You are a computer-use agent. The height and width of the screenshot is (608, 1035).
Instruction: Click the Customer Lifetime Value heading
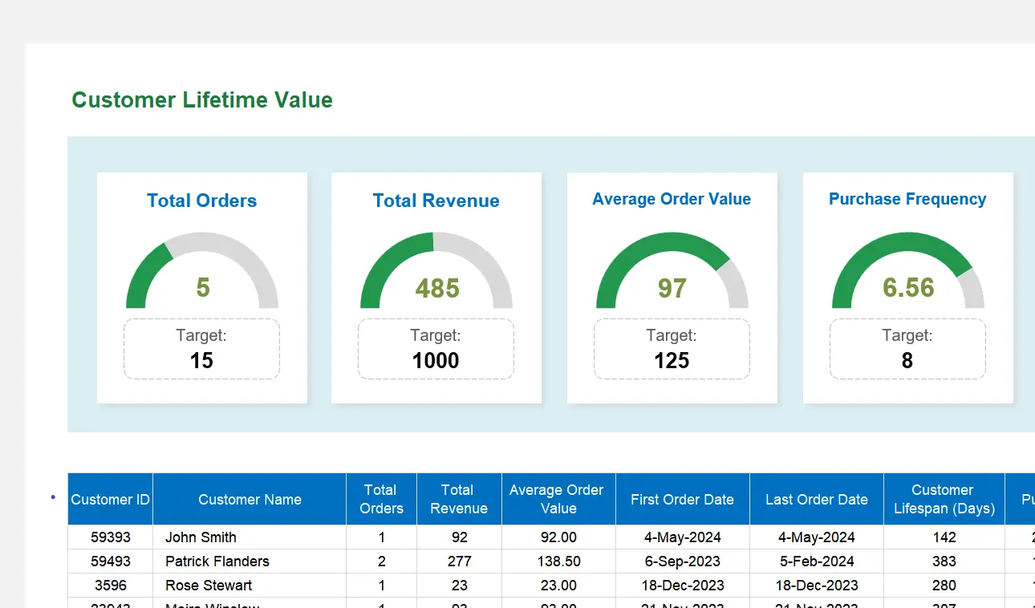[202, 100]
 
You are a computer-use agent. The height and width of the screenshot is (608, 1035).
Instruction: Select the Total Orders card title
[202, 201]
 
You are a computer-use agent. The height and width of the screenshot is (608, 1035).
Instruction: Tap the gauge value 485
[437, 288]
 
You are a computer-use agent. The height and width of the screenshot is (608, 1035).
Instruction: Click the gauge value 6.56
[908, 288]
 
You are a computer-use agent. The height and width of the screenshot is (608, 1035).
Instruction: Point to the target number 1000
[436, 361]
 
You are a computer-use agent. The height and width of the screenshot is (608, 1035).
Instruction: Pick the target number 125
[672, 361]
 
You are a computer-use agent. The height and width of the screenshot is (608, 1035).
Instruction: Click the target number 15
[201, 361]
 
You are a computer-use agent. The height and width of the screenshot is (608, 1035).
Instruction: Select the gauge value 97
[672, 288]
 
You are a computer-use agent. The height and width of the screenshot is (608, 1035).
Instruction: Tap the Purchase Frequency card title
[907, 199]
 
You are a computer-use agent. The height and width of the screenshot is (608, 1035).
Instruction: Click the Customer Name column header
[250, 500]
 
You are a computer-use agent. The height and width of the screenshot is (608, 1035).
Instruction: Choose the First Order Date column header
[682, 500]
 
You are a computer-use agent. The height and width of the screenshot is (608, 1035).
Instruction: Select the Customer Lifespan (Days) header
[944, 500]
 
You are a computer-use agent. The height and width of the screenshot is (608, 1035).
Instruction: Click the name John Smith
[201, 537]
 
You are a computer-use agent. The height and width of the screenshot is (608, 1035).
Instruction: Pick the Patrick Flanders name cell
[217, 561]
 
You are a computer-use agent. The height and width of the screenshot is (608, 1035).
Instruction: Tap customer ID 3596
[111, 586]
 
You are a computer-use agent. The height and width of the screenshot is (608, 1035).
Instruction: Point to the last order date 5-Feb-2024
[816, 561]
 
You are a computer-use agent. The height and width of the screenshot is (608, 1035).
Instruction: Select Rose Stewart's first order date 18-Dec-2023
[682, 586]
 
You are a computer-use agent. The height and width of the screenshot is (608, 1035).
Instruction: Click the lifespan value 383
[944, 561]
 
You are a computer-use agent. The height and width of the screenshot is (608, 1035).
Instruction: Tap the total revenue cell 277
[459, 561]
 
